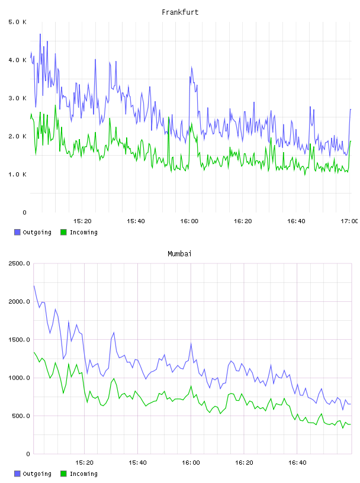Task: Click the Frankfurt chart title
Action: tap(180, 12)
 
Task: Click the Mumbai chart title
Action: tap(179, 253)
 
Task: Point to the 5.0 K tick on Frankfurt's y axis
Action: tap(18, 22)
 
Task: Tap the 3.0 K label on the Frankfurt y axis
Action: tap(18, 98)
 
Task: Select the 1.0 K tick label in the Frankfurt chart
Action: tap(18, 175)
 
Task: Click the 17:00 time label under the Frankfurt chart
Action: tap(349, 221)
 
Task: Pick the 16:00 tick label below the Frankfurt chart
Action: tap(189, 221)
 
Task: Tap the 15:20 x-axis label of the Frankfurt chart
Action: tap(82, 221)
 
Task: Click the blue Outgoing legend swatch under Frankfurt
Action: tap(17, 232)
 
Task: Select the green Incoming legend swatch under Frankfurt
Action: tap(63, 232)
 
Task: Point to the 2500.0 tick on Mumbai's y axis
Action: tap(19, 263)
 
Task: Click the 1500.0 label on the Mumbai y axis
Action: tap(19, 339)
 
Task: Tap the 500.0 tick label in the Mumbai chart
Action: tap(21, 416)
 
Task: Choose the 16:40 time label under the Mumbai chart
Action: tap(297, 462)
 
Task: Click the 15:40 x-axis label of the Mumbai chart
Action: tap(137, 462)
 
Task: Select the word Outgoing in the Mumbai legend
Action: tap(37, 474)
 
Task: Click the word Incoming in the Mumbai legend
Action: tap(83, 474)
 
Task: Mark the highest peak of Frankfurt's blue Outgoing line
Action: tap(40, 34)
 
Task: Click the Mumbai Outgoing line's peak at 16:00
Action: tap(191, 343)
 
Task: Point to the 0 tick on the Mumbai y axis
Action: tap(28, 454)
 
